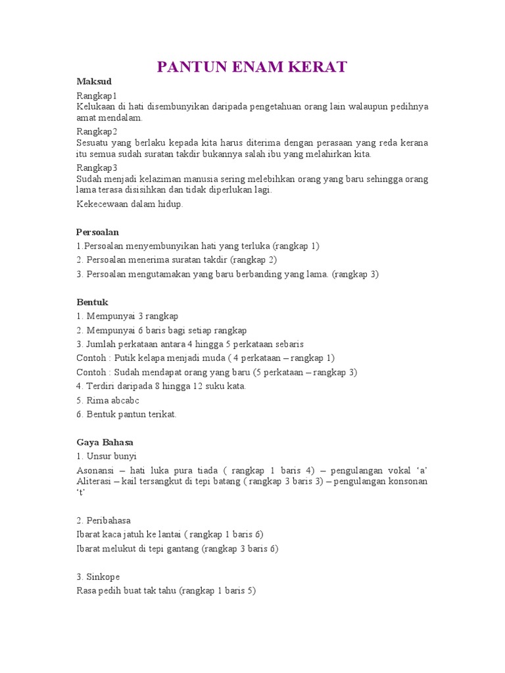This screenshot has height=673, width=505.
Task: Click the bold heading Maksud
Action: [x=94, y=81]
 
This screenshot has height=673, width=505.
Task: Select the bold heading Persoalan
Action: [x=97, y=232]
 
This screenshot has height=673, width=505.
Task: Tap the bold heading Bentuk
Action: [x=91, y=302]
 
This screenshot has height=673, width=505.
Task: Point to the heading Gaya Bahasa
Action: [x=105, y=442]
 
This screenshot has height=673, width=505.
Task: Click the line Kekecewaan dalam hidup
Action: [x=129, y=204]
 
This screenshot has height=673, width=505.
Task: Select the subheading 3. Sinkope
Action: [x=99, y=576]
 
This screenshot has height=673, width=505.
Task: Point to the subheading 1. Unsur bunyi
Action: [x=107, y=456]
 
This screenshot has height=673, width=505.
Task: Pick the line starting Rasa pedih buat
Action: [x=166, y=591]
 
